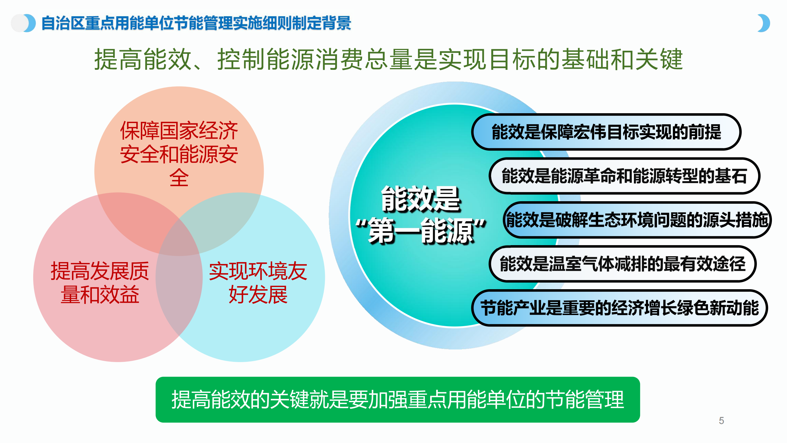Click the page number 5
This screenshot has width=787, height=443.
click(x=721, y=421)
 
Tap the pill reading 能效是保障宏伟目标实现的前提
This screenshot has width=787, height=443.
click(x=606, y=132)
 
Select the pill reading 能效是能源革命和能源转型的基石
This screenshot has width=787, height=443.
click(x=624, y=176)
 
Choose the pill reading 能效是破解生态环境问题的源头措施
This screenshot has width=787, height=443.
click(x=637, y=220)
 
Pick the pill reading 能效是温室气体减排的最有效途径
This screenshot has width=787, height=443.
click(x=623, y=264)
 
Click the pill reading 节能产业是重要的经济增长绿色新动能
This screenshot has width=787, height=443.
click(x=619, y=308)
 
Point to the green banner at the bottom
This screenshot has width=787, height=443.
click(x=398, y=400)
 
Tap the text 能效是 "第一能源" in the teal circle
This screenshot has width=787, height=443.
click(x=421, y=215)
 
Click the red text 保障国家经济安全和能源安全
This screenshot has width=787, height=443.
click(x=179, y=154)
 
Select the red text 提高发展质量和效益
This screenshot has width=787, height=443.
click(x=100, y=283)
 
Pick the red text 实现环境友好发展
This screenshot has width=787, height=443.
click(x=258, y=283)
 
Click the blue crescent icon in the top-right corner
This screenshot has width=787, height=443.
click(x=765, y=23)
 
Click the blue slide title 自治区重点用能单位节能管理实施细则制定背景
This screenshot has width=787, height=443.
click(x=196, y=23)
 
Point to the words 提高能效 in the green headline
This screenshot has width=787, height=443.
click(x=143, y=59)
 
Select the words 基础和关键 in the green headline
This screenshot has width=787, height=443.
click(x=622, y=59)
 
